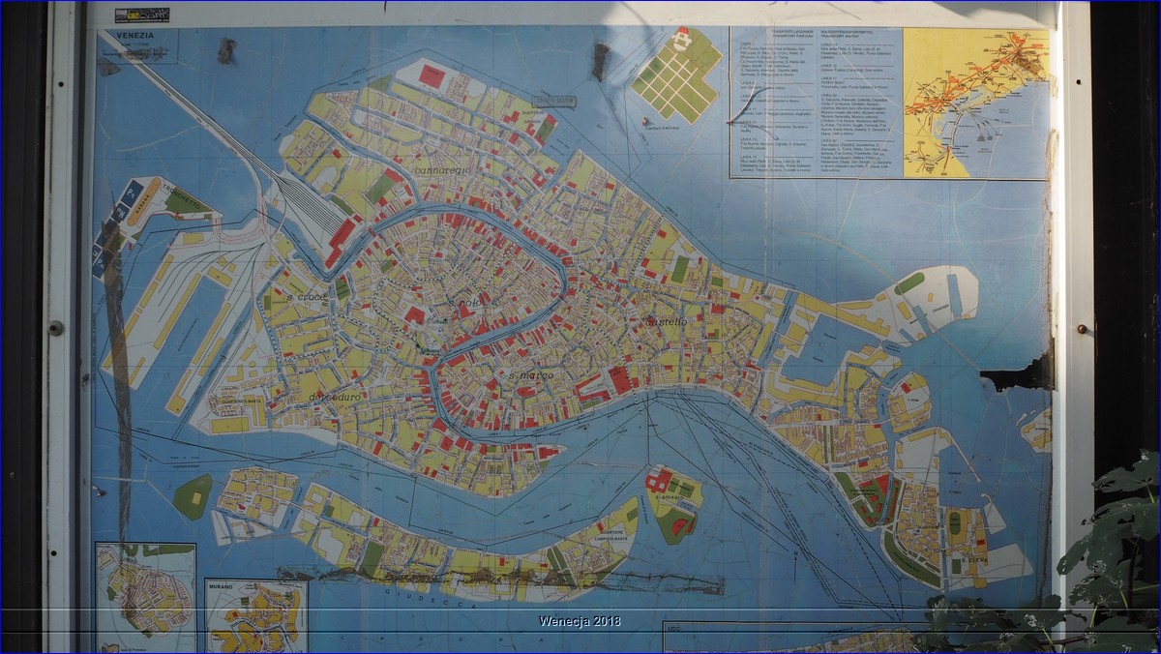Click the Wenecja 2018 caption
point(580,621)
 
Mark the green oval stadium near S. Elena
point(955,523)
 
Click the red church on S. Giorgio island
point(660,480)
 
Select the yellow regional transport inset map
point(975,102)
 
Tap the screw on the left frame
point(56,328)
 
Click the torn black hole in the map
point(1016,372)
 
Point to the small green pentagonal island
point(193,496)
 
